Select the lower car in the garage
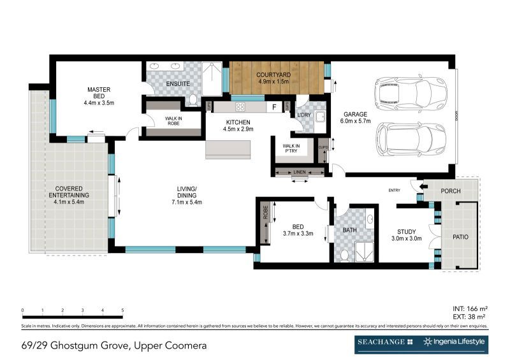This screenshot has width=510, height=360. point(409,136)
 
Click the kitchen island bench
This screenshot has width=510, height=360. point(228,149)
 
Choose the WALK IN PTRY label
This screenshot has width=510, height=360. point(291,148)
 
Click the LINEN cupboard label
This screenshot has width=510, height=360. point(300,171)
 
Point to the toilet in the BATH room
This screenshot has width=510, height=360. point(344,254)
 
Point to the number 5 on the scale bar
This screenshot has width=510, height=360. point(122,310)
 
